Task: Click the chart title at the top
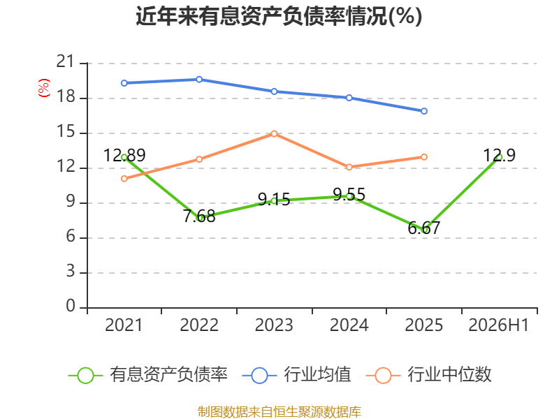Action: point(279,16)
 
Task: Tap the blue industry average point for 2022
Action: point(199,80)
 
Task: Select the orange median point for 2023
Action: point(274,133)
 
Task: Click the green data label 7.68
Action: point(199,216)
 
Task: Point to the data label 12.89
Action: point(124,155)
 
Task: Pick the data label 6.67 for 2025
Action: point(424,228)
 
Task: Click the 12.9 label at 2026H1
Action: point(499,155)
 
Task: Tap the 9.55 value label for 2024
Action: point(349,195)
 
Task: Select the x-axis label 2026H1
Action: point(498,325)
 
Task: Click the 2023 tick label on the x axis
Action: point(274,325)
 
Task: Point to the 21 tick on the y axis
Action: point(66,61)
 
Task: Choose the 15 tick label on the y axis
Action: point(66,132)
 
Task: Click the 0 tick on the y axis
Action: point(71,306)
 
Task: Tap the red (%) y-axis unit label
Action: point(43,88)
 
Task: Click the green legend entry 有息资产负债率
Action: point(147,375)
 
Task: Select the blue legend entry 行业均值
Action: point(296,375)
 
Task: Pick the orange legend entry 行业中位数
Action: point(429,375)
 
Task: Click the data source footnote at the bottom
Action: point(279,412)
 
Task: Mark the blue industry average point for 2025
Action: point(424,111)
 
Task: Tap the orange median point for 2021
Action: point(124,179)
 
